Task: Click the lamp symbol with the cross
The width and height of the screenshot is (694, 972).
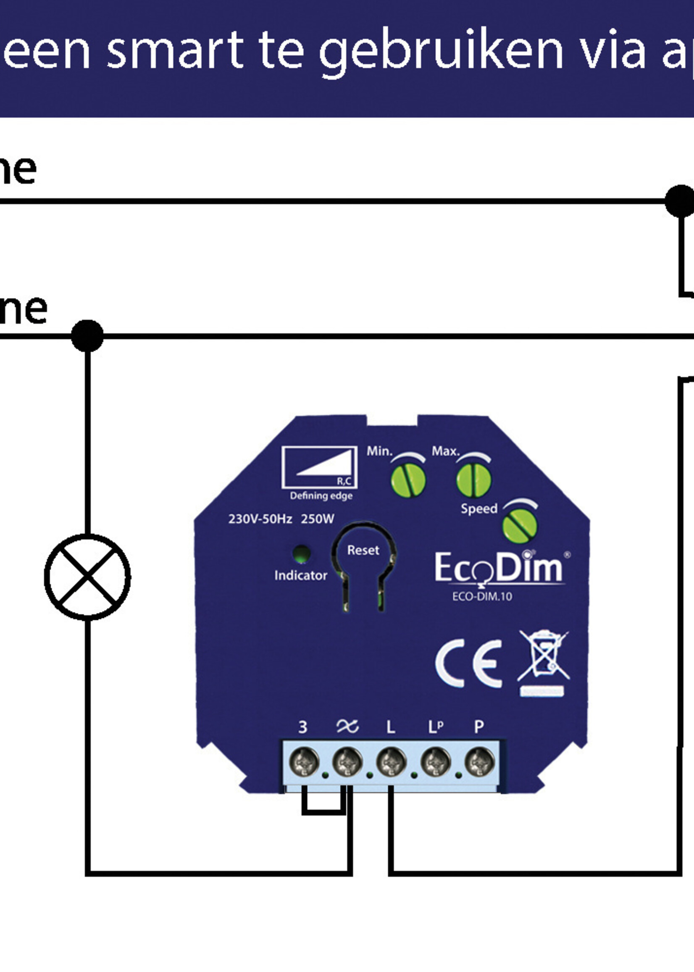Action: coord(87,577)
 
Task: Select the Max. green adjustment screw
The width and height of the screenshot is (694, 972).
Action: coord(473,480)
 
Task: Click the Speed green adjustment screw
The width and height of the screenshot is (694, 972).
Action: coord(519,526)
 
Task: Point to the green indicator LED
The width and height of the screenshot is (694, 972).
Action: coord(301,554)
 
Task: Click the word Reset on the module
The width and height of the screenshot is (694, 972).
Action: coord(363,550)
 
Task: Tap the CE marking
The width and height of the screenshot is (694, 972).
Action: coord(468,664)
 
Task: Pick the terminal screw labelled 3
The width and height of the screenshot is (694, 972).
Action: coord(304,762)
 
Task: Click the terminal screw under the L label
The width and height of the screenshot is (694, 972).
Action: coord(391,762)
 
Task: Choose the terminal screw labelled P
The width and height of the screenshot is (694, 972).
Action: coord(479,762)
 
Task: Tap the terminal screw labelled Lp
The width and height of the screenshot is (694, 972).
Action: coord(435,762)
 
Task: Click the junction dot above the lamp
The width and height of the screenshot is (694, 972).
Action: coord(87,335)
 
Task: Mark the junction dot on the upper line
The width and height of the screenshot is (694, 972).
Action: coord(681,201)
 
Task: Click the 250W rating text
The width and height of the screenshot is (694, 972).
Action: coord(317,519)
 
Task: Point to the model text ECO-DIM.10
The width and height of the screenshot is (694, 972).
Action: coord(481,596)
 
